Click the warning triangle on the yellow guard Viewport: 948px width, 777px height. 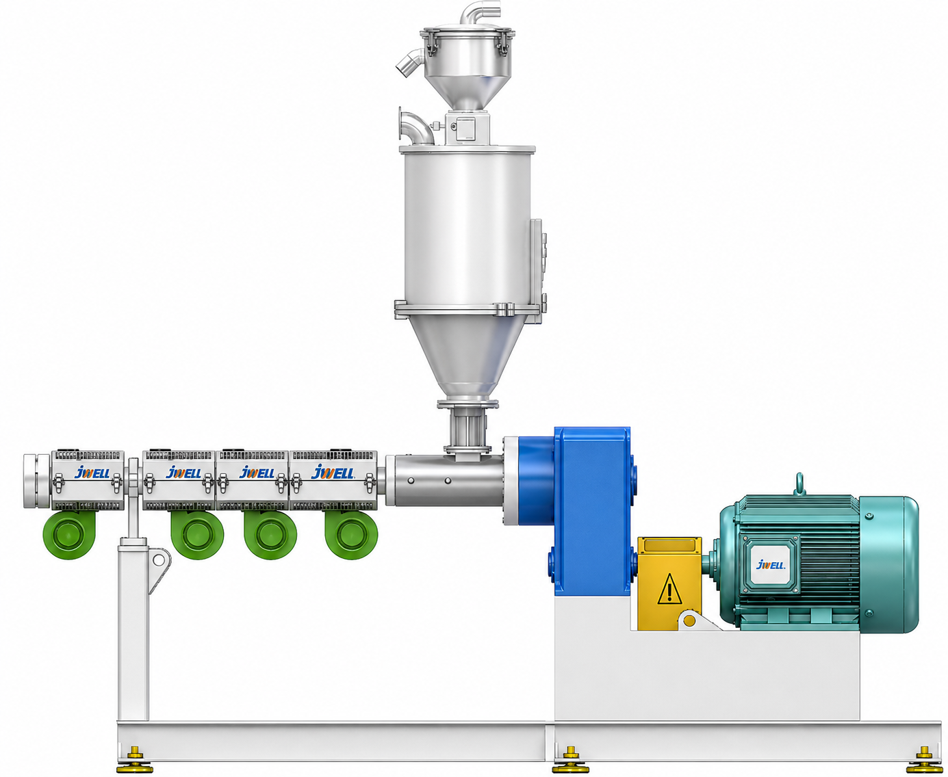pos(669,589)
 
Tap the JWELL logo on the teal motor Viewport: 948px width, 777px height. pos(771,564)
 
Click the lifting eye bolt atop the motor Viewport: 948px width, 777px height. pos(799,485)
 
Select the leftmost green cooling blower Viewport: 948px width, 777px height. pos(69,534)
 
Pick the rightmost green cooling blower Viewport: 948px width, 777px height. pos(351,534)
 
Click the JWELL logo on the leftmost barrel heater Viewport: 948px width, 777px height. pos(92,473)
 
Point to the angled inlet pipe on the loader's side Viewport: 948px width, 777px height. pos(409,64)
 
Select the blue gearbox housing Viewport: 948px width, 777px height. pos(592,511)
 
